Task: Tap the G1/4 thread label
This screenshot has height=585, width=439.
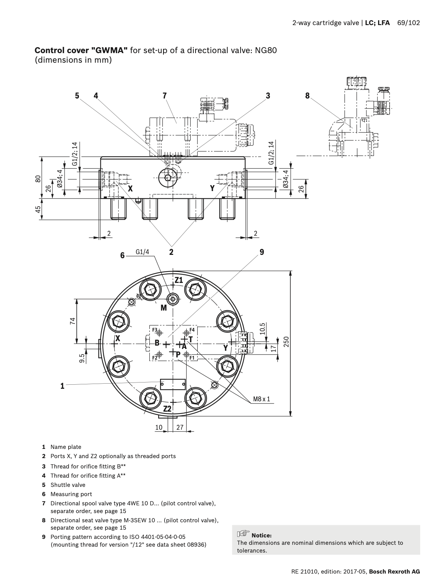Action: pos(142,252)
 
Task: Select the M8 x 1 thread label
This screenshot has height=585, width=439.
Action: pos(262,399)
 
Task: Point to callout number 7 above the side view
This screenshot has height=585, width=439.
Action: pos(165,96)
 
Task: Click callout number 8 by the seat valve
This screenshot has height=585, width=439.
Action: pos(307,96)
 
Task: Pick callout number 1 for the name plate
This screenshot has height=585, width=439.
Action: pos(62,386)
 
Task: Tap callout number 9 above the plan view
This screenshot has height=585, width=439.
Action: pos(262,252)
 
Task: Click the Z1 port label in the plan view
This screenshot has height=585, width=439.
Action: pos(179,280)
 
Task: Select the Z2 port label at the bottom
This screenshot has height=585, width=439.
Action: pos(167,409)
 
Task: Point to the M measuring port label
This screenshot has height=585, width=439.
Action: pos(163,307)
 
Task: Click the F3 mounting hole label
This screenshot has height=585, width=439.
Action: pos(155,330)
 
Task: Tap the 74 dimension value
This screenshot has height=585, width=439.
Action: pos(72,321)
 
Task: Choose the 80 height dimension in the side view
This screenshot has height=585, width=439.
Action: pos(38,179)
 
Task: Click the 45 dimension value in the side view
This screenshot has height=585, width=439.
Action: pos(38,210)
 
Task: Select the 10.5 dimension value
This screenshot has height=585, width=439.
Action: pos(262,328)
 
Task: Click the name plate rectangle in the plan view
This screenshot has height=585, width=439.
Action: pos(173,384)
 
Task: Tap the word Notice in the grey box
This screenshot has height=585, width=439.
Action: pos(262,535)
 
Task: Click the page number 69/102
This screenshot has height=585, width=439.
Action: pos(408,23)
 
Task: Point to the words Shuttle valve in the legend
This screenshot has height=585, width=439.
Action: pos(68,485)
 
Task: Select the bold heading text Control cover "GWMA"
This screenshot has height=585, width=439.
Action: pos(81,50)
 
